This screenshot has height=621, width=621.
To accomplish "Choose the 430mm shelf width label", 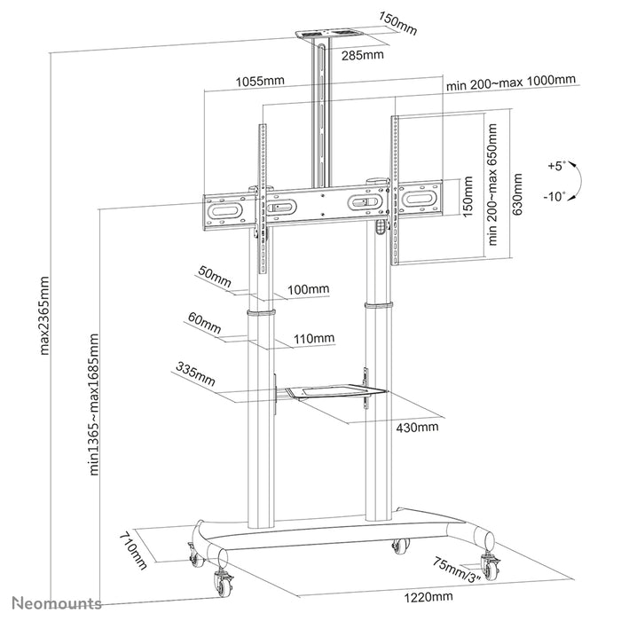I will pos(417,428).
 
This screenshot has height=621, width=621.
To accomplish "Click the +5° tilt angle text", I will pos(556,166).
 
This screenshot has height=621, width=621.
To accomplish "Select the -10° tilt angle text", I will pos(556,198).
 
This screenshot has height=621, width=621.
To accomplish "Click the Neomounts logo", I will pos(51,603).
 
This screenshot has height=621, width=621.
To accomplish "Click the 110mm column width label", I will pos(313,338).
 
